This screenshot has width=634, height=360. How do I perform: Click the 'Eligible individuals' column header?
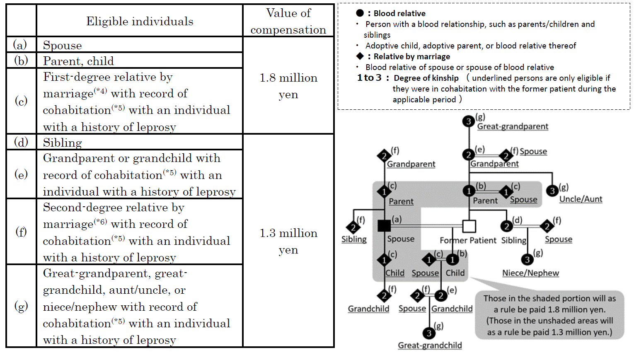click(140, 21)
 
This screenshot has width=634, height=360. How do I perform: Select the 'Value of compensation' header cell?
click(288, 21)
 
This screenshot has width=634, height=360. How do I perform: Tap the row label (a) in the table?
click(20, 45)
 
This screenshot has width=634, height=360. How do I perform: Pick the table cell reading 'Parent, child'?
click(78, 61)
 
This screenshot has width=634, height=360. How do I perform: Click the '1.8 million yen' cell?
click(288, 86)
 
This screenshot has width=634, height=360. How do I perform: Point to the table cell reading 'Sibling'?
click(62, 143)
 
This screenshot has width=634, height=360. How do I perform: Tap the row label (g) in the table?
click(21, 306)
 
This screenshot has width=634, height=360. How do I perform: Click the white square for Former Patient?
click(469, 226)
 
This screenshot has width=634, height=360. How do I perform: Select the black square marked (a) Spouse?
click(384, 225)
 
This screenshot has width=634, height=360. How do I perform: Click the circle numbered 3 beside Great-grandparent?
click(468, 121)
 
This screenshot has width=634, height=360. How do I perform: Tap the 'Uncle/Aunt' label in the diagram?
click(581, 199)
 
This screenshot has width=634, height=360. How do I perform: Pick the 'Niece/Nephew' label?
click(530, 273)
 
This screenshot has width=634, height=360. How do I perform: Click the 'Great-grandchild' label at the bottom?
click(430, 346)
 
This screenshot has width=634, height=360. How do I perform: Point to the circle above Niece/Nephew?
click(527, 260)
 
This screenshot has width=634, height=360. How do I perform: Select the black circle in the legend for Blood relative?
click(360, 13)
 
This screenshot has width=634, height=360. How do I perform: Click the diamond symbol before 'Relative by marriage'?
click(360, 56)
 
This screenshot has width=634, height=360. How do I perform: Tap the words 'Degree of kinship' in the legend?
click(426, 78)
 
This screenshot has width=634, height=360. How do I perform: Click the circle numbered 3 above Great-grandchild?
click(429, 333)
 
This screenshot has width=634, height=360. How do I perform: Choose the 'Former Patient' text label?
click(468, 240)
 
